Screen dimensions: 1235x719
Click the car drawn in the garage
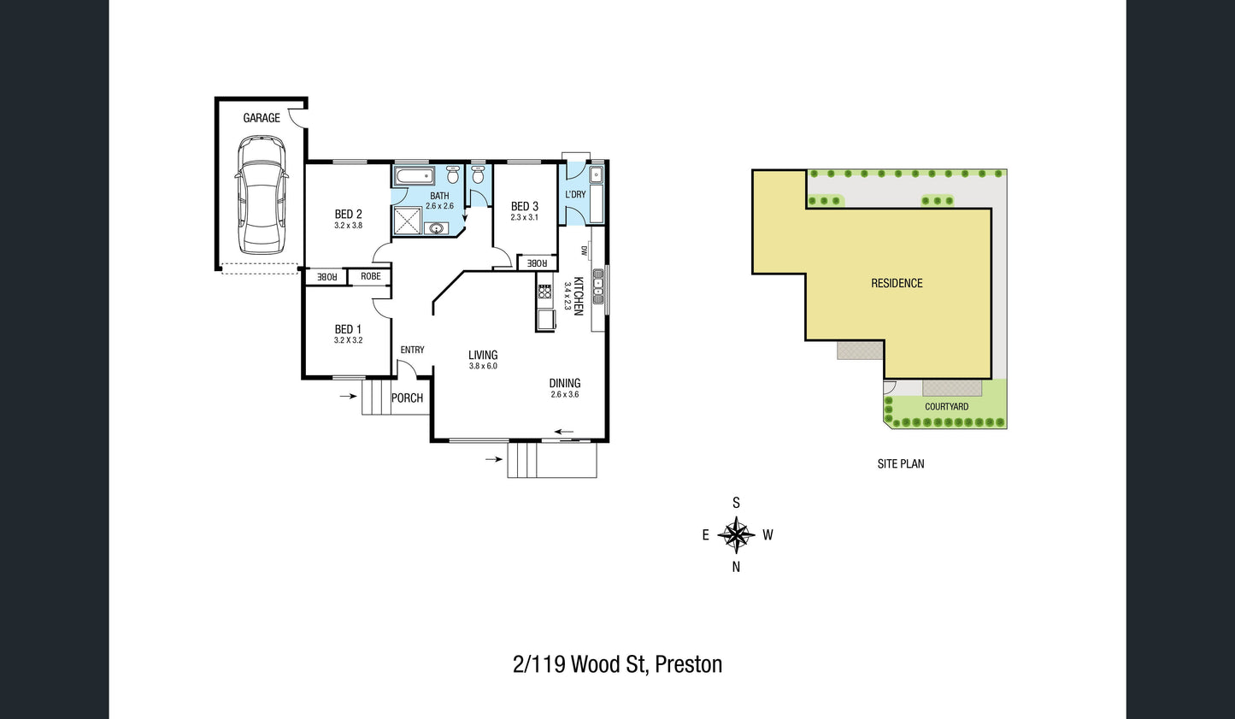262,196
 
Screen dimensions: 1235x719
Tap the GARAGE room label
262,118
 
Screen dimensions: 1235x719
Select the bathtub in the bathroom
415,176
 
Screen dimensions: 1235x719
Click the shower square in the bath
408,221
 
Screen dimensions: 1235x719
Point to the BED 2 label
349,214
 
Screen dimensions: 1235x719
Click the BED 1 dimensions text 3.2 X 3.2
349,340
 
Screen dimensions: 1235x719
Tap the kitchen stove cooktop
544,292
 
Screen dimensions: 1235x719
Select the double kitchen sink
598,286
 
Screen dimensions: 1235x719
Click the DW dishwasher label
584,250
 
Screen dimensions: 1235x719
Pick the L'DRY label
575,194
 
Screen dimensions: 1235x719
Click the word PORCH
407,398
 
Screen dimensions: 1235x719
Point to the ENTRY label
413,350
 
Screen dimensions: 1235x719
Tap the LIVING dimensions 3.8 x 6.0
483,366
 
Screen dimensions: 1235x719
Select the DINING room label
565,383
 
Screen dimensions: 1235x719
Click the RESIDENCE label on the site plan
897,283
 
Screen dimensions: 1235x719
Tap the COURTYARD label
947,407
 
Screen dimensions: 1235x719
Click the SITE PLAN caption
901,463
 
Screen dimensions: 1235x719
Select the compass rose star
736,535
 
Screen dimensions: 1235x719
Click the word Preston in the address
689,664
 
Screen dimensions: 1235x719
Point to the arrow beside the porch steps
348,396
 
